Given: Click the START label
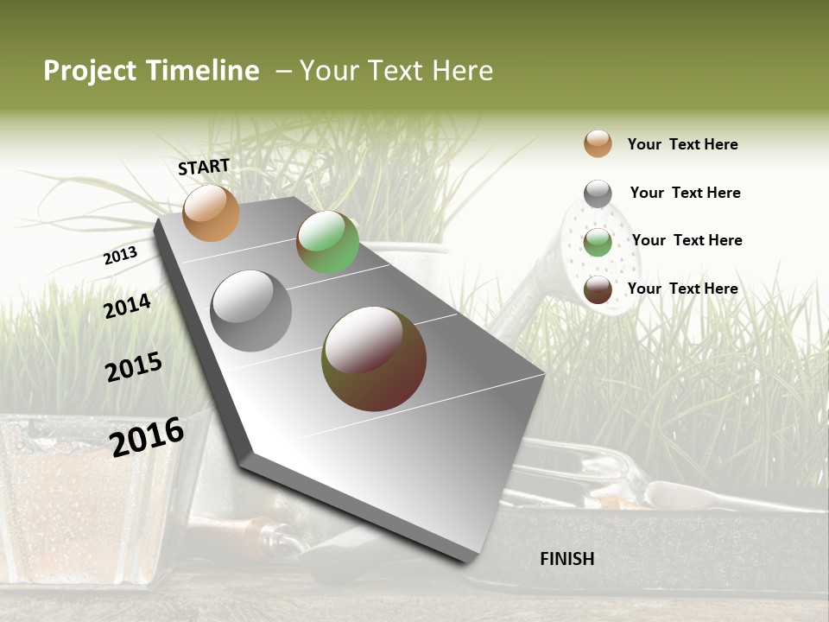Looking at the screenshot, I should click(x=204, y=167).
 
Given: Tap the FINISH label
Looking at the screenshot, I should click(x=567, y=559).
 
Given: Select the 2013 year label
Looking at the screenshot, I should click(x=120, y=256).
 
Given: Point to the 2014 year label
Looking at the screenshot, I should click(x=128, y=306).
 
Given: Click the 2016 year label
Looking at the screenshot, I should click(x=147, y=436).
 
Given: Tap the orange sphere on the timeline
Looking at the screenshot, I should click(x=211, y=213).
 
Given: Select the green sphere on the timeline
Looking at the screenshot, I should click(x=327, y=242).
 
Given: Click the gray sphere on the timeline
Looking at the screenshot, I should click(x=251, y=310).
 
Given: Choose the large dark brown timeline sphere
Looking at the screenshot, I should click(x=374, y=359).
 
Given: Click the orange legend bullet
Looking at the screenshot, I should click(x=598, y=143).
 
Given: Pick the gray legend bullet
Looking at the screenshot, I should click(x=598, y=194).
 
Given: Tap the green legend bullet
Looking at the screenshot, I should click(x=598, y=242).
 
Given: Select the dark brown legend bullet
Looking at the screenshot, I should click(x=598, y=289).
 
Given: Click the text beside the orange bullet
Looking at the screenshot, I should click(x=682, y=144).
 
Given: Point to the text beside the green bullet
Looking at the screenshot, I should click(x=687, y=240).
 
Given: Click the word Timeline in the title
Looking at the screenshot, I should click(x=202, y=71).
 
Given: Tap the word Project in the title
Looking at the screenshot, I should click(x=89, y=71).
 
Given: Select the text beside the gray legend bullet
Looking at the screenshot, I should click(x=685, y=193).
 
